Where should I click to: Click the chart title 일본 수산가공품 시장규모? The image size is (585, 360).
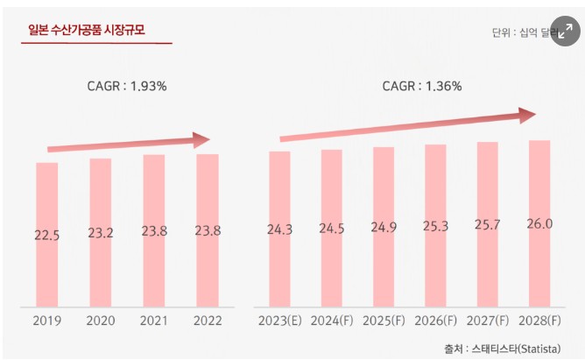tap(87, 31)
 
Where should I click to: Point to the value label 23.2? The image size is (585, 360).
tap(100, 233)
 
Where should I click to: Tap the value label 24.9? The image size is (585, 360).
tap(384, 229)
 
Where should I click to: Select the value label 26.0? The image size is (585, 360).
tap(539, 225)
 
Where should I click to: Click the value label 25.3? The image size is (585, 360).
tap(435, 228)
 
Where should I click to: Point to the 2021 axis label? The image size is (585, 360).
tap(154, 321)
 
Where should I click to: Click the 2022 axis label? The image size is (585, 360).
tap(208, 321)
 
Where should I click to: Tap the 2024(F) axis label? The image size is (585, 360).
tap(332, 321)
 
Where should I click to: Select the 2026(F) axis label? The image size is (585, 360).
tap(435, 321)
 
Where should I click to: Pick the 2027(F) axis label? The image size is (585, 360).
tap(488, 321)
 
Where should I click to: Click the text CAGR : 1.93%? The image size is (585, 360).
tap(127, 86)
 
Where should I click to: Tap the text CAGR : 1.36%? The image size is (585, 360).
tap(422, 86)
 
